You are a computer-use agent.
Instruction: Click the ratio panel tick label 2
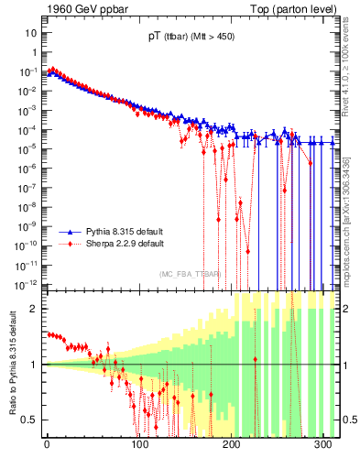[x=33, y=309]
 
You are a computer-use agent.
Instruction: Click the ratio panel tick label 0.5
[x=29, y=420]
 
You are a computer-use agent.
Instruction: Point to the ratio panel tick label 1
[x=33, y=365]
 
